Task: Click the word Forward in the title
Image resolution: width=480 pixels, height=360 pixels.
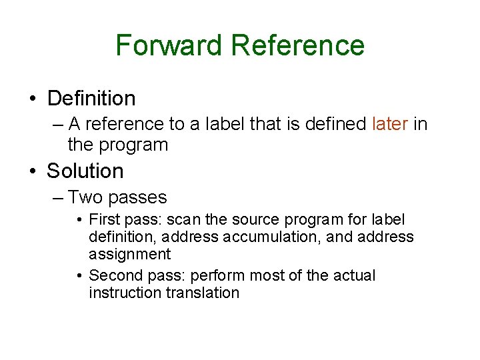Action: pos(169,45)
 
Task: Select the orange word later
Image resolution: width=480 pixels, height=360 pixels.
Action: pos(390,124)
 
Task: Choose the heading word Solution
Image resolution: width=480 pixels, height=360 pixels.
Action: pos(85,171)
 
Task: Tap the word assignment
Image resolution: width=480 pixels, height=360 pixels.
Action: pos(129,254)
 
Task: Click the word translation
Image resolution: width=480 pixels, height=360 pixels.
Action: pos(201,293)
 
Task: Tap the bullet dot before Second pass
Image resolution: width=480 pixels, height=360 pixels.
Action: pos(79,276)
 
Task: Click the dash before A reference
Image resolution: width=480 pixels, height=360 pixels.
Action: pos(58,125)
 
